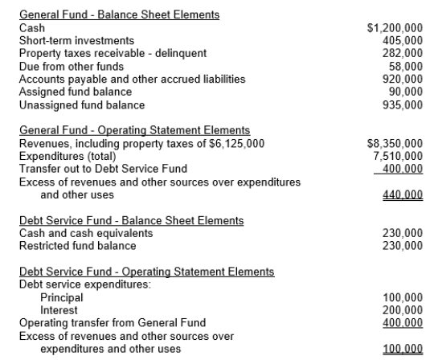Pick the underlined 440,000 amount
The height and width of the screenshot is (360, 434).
point(404,194)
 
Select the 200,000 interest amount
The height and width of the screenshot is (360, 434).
point(404,310)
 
